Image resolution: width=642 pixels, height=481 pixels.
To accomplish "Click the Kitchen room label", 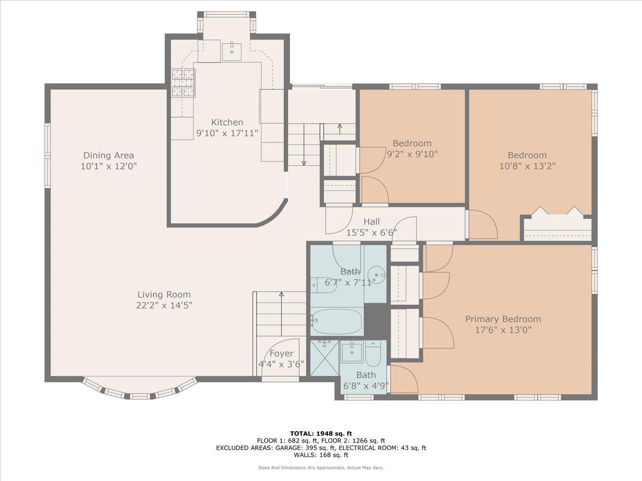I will [x=227, y=122].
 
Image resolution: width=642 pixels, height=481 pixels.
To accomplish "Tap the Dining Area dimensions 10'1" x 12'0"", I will [x=109, y=166].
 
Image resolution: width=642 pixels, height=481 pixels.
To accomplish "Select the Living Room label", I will [x=164, y=294].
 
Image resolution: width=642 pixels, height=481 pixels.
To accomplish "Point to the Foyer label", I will [x=281, y=353].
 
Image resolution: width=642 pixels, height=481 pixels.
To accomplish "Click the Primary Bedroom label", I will [x=502, y=319].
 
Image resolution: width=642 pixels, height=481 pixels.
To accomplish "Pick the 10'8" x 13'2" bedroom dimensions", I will [x=528, y=166].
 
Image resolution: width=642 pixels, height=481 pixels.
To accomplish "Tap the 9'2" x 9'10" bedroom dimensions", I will [x=412, y=154].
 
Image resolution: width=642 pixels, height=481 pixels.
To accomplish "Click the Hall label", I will [x=371, y=222].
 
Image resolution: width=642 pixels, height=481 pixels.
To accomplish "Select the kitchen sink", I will [x=232, y=51].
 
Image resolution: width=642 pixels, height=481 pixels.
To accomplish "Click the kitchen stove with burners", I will [x=183, y=83].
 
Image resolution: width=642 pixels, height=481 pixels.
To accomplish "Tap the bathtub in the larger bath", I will [x=337, y=321].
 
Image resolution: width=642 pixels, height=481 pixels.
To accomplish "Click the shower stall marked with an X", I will [x=324, y=359].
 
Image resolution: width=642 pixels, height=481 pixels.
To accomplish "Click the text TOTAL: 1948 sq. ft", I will [x=320, y=433].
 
